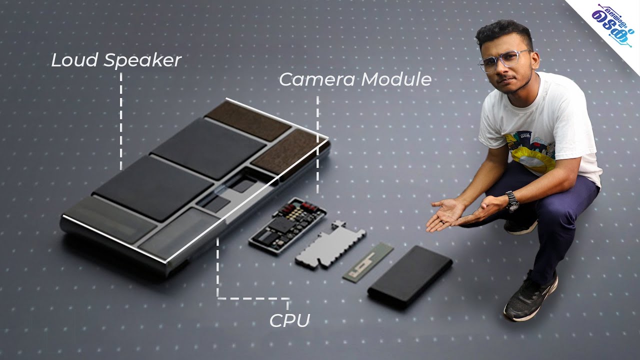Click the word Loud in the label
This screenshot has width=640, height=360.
point(75,60)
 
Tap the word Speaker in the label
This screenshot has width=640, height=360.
point(142,61)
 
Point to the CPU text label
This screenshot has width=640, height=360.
point(289,320)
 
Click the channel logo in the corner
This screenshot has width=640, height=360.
point(613,22)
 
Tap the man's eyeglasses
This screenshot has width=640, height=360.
point(503,59)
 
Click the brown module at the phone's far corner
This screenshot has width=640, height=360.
point(247,120)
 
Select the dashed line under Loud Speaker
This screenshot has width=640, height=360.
point(121,120)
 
